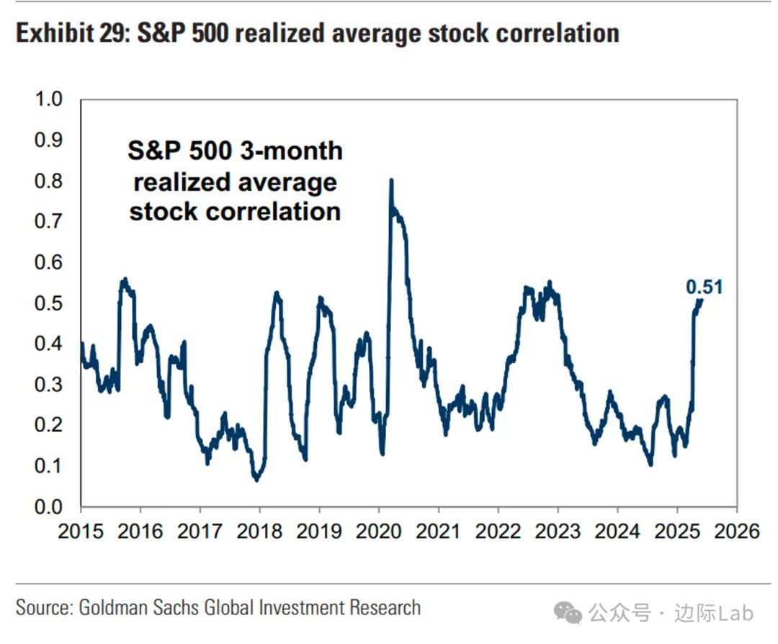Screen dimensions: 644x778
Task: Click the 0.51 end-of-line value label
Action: (x=703, y=288)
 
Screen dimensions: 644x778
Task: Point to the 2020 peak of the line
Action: (x=391, y=181)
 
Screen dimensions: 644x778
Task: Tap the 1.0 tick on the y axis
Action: (x=50, y=99)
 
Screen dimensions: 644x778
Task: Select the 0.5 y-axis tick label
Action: (x=50, y=303)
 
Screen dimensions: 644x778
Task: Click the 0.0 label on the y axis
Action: (x=50, y=507)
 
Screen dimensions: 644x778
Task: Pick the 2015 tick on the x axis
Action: (x=81, y=532)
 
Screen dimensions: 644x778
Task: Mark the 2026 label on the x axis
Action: (x=736, y=532)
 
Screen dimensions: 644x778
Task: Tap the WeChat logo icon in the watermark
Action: (x=572, y=614)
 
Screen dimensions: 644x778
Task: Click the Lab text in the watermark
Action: (x=735, y=613)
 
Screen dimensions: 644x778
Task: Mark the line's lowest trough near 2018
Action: (x=256, y=479)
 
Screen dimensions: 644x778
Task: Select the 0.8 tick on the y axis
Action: (x=50, y=181)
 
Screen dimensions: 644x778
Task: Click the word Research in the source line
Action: (x=385, y=607)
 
